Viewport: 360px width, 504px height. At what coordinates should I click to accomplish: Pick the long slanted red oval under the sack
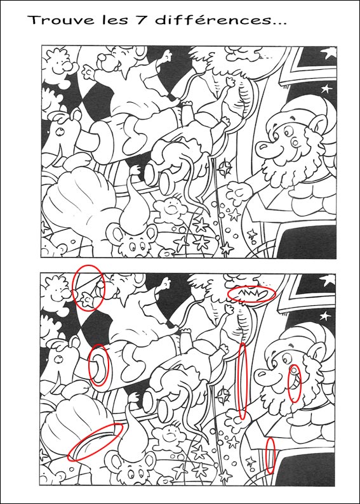pyautogui.click(x=95, y=442)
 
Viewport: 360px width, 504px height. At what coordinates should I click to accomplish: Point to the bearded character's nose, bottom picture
pyautogui.click(x=263, y=375)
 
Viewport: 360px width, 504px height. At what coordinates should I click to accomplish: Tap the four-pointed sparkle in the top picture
pyautogui.click(x=225, y=168)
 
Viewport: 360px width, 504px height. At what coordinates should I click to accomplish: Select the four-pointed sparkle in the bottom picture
pyautogui.click(x=223, y=395)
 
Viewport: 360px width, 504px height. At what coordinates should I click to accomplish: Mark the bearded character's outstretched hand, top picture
pyautogui.click(x=238, y=193)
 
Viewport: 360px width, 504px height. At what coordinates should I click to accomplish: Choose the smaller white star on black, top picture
pyautogui.click(x=326, y=88)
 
